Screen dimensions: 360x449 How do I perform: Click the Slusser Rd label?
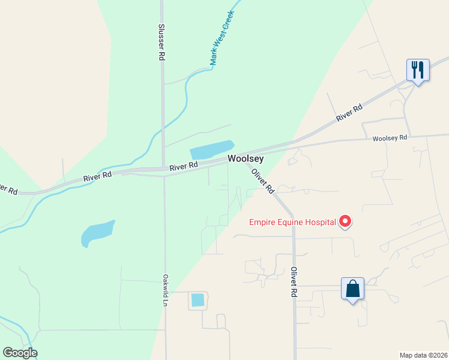tap(161, 42)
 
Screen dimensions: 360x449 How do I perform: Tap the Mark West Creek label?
tap(221, 38)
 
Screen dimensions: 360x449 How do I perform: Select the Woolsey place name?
tap(245, 159)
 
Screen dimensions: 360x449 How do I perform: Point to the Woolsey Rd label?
tap(390, 138)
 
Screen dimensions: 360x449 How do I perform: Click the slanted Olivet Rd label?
tap(262, 180)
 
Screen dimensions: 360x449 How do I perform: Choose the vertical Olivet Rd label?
tap(294, 282)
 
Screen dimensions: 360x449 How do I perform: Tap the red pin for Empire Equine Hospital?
tap(345, 221)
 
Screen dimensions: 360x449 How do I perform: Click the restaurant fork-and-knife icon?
tap(418, 70)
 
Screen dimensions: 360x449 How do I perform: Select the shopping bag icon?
tap(352, 289)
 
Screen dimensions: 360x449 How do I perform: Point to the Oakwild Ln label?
tap(164, 290)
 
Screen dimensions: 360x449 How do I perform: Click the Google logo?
tap(20, 353)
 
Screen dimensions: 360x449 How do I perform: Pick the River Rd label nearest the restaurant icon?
tap(349, 113)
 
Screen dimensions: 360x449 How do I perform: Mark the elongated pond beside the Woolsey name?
tap(211, 150)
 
